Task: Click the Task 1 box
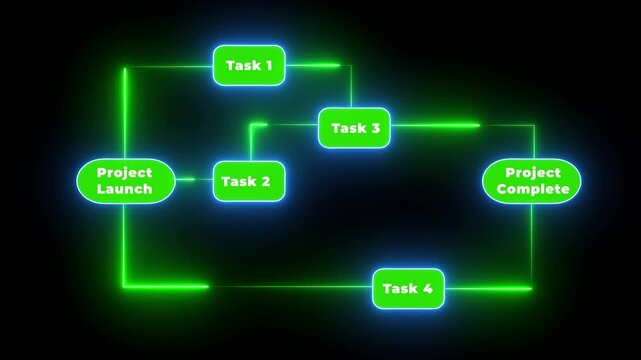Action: (249, 66)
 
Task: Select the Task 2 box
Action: (246, 181)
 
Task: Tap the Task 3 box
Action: (354, 128)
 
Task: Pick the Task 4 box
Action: (408, 288)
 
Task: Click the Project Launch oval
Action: (125, 181)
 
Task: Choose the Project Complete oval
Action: (531, 181)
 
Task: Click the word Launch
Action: (125, 189)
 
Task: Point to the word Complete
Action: (531, 189)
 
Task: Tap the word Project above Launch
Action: (125, 173)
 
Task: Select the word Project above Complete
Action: (531, 173)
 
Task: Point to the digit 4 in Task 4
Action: (427, 288)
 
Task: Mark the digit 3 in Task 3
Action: (374, 128)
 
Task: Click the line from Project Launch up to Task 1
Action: (125, 110)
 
